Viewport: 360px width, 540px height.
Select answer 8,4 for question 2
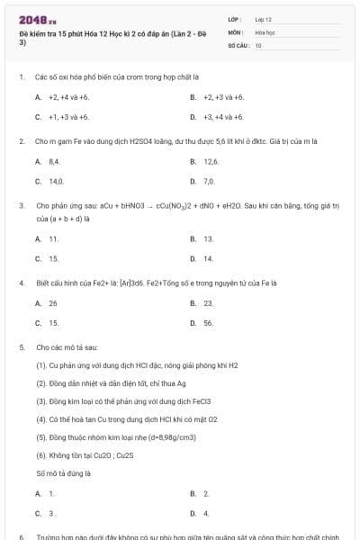[x=55, y=161]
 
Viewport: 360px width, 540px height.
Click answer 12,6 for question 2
[x=211, y=161]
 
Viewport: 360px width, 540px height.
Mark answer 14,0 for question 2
[x=56, y=181]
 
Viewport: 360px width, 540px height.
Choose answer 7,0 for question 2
[x=209, y=181]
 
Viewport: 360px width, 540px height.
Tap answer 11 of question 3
[x=53, y=238]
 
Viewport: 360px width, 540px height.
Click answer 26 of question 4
[x=53, y=303]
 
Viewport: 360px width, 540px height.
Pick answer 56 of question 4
[x=208, y=322]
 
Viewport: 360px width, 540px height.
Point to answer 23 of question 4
[x=208, y=303]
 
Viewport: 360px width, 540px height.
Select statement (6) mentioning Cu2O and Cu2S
[x=85, y=454]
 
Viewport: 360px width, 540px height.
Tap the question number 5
[x=21, y=346]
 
